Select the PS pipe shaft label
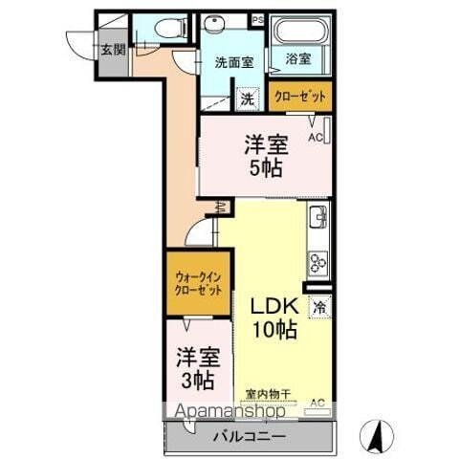(256, 18)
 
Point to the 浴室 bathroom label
(298, 59)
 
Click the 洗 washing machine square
(247, 98)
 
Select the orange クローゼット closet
(299, 97)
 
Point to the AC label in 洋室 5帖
(315, 136)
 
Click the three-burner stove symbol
(317, 260)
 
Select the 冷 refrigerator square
(319, 308)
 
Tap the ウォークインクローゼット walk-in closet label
(198, 283)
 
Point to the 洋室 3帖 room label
(198, 369)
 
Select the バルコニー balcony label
(248, 436)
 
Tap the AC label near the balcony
(317, 402)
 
